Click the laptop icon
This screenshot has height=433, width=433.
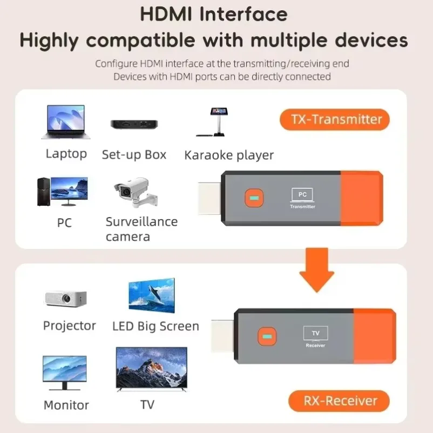tap(65, 123)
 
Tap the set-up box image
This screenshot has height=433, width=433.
tap(134, 124)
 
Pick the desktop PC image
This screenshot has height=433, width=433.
tap(62, 191)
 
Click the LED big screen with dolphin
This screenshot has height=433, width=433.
tap(152, 296)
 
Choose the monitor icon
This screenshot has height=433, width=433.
tap(65, 373)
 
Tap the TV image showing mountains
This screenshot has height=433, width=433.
tap(152, 369)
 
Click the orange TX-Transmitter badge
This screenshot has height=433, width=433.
tap(335, 119)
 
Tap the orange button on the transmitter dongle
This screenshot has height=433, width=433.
tap(252, 198)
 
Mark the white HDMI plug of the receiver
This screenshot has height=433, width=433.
tap(222, 336)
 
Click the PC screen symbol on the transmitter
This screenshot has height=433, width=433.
tap(302, 194)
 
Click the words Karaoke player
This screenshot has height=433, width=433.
tap(229, 155)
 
